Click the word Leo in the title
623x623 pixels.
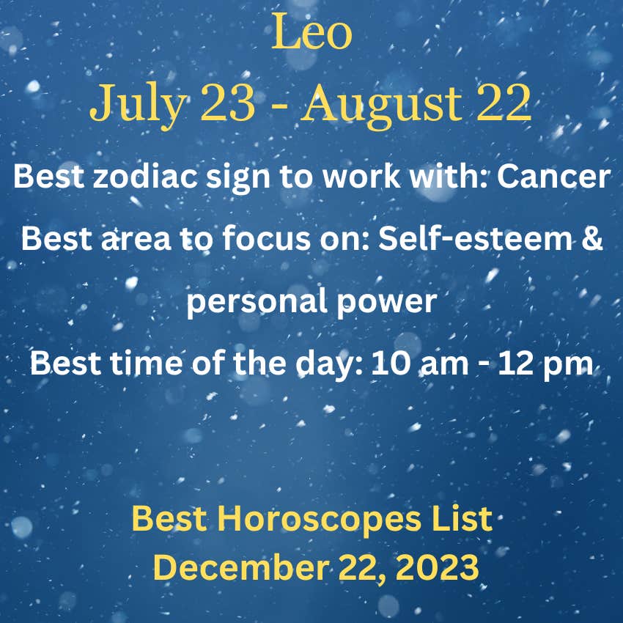click(x=311, y=32)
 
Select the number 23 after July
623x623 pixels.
click(x=228, y=103)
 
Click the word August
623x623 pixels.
click(x=381, y=106)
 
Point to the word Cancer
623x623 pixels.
click(x=553, y=176)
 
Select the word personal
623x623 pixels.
click(x=257, y=302)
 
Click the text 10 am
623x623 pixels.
click(x=419, y=363)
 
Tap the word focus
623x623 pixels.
click(x=265, y=238)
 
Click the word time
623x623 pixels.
click(x=146, y=363)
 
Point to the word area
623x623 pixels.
click(x=136, y=240)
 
